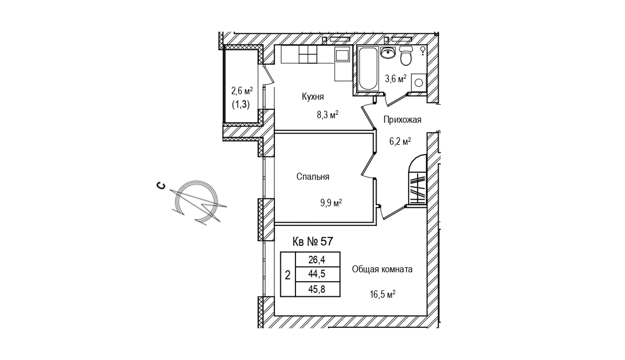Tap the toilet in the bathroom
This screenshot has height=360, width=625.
406,56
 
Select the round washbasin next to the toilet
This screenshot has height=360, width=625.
387,53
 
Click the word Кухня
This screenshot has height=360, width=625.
312,96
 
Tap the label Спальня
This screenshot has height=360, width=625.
312,177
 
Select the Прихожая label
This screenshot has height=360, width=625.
402,120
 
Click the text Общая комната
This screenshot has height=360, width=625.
382,269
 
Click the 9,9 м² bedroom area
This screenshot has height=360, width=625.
331,203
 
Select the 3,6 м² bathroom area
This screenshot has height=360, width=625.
396,79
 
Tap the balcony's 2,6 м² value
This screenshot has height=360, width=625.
242,91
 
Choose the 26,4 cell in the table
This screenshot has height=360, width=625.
317,260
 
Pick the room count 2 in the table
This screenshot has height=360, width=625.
288,275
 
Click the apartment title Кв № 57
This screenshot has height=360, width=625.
312,242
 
